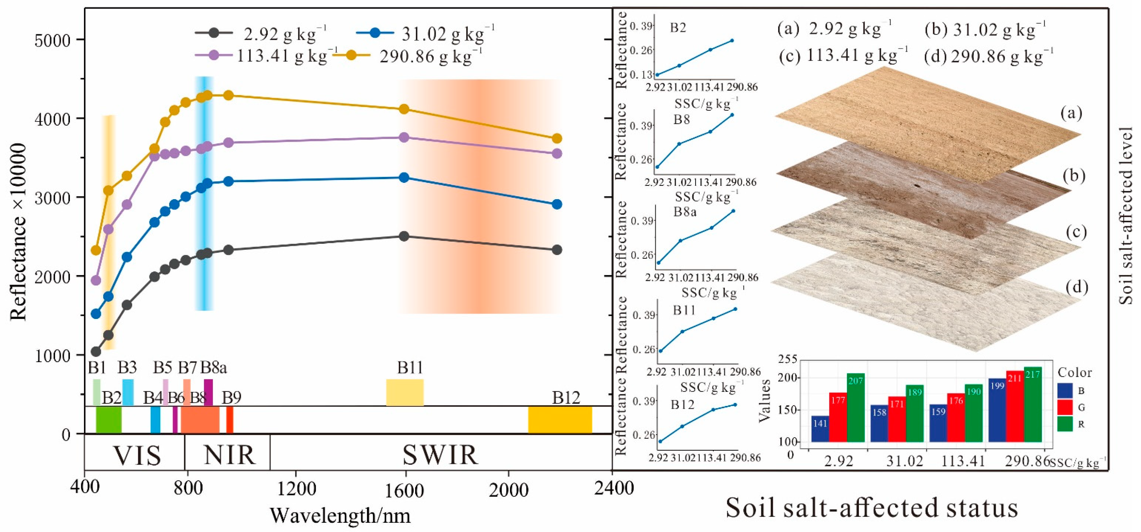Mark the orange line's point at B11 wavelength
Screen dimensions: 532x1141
404,109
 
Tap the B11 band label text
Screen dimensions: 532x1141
410,368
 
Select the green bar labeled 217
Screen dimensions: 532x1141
1032,404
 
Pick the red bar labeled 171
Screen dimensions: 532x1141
897,419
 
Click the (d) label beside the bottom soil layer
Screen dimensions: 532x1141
1076,287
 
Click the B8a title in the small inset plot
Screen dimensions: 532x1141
685,212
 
